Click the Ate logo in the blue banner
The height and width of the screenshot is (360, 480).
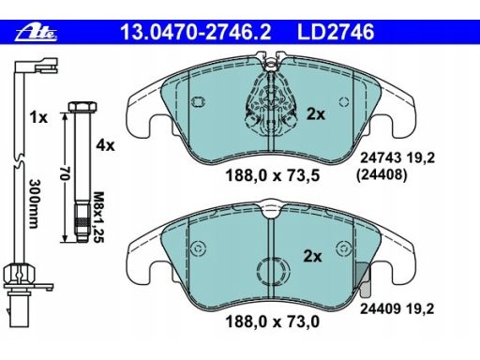pos(37,33)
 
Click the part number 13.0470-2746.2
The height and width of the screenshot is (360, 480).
pos(196,32)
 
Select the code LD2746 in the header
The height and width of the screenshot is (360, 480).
pos(336,32)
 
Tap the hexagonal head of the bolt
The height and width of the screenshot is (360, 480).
pos(82,107)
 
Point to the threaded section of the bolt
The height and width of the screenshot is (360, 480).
pos(82,222)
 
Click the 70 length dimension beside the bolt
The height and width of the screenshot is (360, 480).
pos(65,173)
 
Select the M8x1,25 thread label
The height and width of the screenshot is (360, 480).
pos(98,217)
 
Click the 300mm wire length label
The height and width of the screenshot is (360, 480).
pos(34,203)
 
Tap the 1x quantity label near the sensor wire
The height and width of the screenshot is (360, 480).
pos(38,118)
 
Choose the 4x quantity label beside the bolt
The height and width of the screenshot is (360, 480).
pos(106,145)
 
